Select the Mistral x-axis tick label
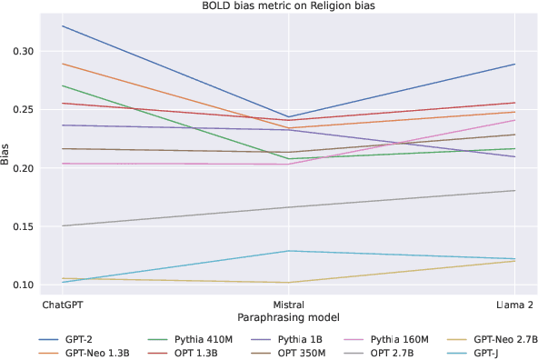coord(288,305)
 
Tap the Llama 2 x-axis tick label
coord(515,305)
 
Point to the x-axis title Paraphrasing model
coord(288,318)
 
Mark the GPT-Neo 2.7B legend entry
coord(511,336)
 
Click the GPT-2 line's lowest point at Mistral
coord(288,117)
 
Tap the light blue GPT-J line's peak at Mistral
coord(288,251)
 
